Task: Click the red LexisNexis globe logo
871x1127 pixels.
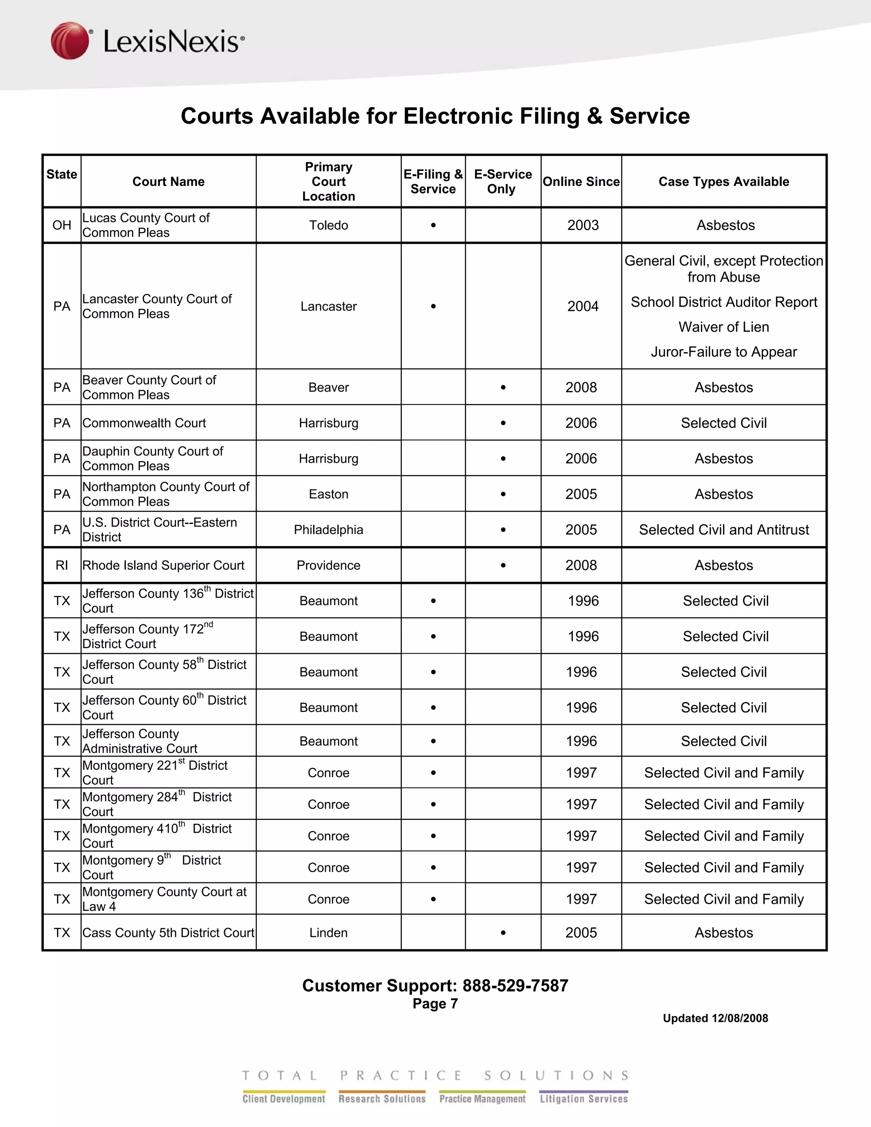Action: pyautogui.click(x=70, y=40)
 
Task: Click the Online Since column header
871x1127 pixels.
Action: pyautogui.click(x=581, y=182)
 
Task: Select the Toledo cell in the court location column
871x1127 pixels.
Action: pyautogui.click(x=328, y=225)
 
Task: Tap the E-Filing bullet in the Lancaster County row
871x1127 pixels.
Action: pyautogui.click(x=433, y=307)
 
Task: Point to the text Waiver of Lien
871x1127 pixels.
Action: pyautogui.click(x=723, y=327)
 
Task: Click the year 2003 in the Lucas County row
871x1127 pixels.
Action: pyautogui.click(x=583, y=225)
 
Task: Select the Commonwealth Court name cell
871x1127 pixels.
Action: pyautogui.click(x=145, y=423)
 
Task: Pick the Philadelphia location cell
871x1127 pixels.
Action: pyautogui.click(x=328, y=529)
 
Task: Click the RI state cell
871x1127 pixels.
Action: pyautogui.click(x=62, y=565)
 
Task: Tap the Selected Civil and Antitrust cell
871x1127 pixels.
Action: pyautogui.click(x=723, y=529)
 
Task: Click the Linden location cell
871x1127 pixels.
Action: pyautogui.click(x=328, y=933)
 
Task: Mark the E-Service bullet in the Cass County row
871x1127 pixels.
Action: pyautogui.click(x=503, y=933)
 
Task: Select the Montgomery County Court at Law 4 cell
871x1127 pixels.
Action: pyautogui.click(x=164, y=899)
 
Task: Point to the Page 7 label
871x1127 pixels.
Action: pyautogui.click(x=435, y=1004)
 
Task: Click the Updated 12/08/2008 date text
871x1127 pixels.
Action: pyautogui.click(x=715, y=1018)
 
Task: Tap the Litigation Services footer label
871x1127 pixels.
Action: pyautogui.click(x=584, y=1099)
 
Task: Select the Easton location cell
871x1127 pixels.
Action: pyautogui.click(x=328, y=494)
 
